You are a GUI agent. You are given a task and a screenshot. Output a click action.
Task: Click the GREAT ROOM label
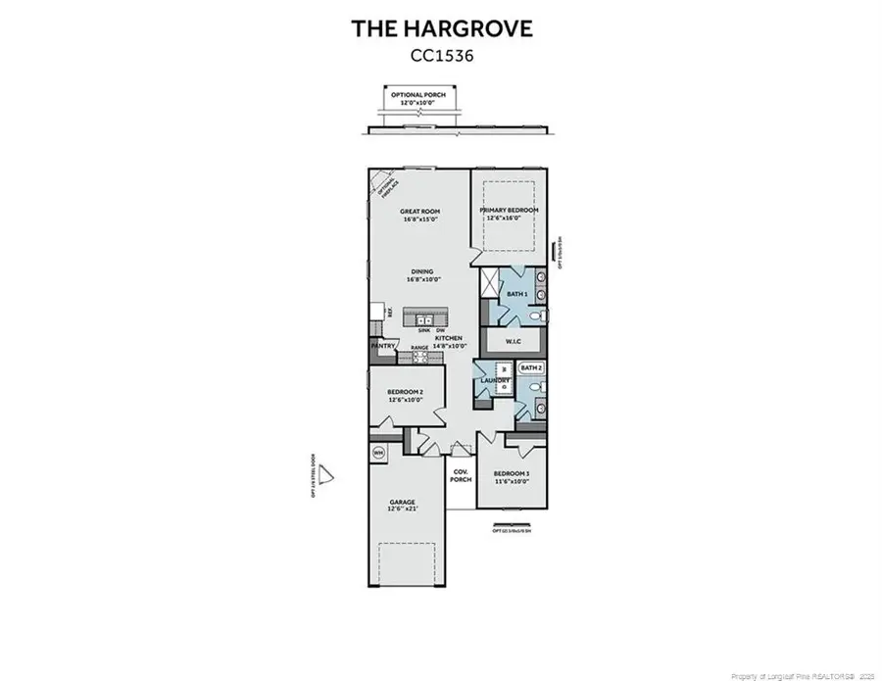tap(419, 212)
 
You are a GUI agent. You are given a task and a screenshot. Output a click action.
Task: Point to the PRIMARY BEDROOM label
tap(508, 211)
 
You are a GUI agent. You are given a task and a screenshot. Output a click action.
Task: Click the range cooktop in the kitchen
tap(419, 358)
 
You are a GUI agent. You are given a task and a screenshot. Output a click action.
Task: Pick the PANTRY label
tap(382, 346)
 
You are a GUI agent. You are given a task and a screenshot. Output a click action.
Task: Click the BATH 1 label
tap(516, 293)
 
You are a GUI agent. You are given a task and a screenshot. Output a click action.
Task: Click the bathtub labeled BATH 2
tap(531, 367)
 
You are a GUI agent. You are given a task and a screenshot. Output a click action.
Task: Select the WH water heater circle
tap(378, 452)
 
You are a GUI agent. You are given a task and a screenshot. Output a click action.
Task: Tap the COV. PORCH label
tap(461, 475)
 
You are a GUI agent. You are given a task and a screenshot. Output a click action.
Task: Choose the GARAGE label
tap(404, 503)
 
